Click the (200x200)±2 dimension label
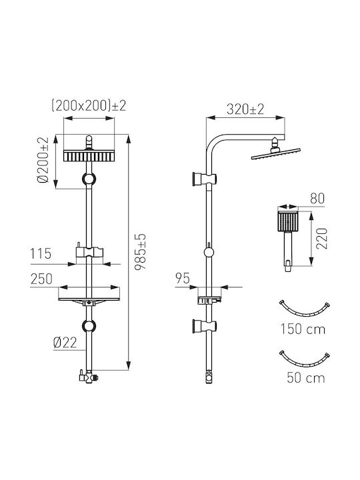coord(89,106)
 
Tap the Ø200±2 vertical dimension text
coord(43,160)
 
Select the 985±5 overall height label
coord(141,251)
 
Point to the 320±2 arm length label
coord(245,109)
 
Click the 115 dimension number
coord(41,254)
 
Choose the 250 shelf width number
coord(41,279)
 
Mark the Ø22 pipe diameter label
coord(65,343)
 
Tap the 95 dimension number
coord(183,278)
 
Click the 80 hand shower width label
coord(317,199)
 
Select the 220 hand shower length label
coord(322,239)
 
